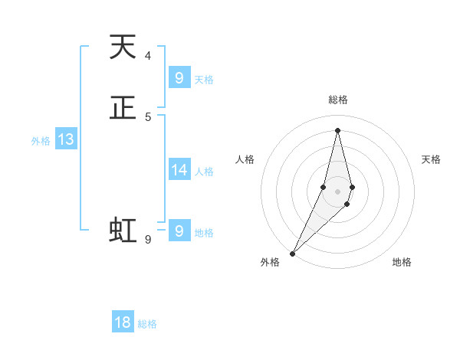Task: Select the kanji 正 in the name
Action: [x=123, y=108]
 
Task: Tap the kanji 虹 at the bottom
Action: [x=123, y=230]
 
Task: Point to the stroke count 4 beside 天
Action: [x=147, y=56]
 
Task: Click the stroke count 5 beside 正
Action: [x=147, y=116]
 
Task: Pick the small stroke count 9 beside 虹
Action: [x=147, y=239]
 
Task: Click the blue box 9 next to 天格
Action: [x=179, y=78]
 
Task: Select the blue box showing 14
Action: [x=179, y=170]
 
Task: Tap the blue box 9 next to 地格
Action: [x=179, y=231]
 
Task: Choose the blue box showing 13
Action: [x=66, y=139]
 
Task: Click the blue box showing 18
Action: [x=123, y=322]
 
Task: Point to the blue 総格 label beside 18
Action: [x=147, y=324]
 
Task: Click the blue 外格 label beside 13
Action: [x=41, y=141]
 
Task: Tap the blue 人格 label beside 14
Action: [x=204, y=172]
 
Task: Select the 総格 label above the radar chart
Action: [x=337, y=100]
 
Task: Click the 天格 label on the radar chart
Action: [x=431, y=159]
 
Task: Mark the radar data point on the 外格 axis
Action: [x=292, y=253]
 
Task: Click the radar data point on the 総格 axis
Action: [x=337, y=129]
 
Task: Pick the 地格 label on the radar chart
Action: [x=402, y=262]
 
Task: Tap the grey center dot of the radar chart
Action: [x=337, y=191]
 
